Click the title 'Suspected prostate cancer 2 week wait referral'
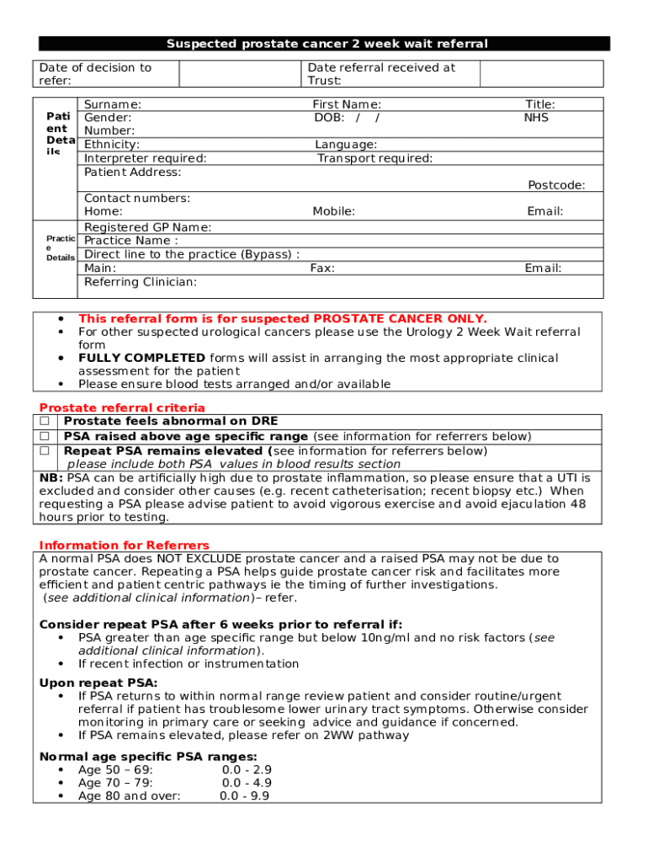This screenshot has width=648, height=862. click(x=327, y=44)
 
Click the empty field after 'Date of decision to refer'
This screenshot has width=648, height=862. click(x=240, y=74)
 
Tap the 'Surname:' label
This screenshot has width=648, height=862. click(x=113, y=104)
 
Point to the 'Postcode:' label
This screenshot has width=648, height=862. click(x=556, y=185)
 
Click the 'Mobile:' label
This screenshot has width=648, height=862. click(x=333, y=212)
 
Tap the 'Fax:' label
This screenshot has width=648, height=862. click(x=322, y=269)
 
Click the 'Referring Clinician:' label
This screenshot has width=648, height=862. click(x=141, y=282)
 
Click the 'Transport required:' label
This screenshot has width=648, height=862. click(x=374, y=158)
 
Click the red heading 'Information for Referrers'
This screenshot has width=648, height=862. click(x=125, y=545)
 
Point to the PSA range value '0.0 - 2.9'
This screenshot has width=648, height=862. click(x=247, y=770)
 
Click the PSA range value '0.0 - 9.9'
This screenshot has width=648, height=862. click(x=245, y=796)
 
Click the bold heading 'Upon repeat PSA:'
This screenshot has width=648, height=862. click(x=98, y=683)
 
